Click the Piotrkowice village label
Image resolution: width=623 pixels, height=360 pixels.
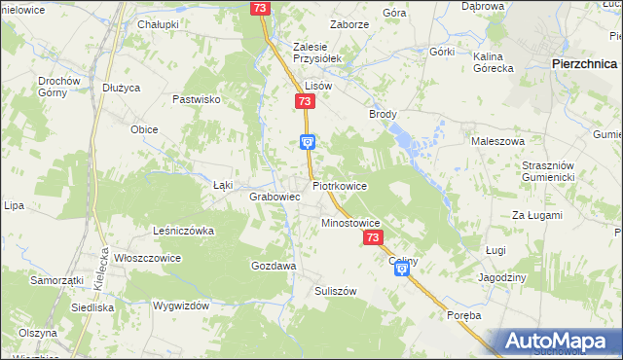coord(340,185)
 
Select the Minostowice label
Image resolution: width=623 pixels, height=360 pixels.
coord(350,223)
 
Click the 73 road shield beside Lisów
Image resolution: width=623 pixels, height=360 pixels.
coord(306,102)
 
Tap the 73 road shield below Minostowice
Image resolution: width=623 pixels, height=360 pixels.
coord(373,237)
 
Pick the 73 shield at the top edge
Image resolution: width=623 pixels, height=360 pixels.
coord(259,8)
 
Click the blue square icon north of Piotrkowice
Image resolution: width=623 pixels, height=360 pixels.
coord(308,141)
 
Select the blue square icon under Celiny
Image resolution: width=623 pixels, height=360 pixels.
coord(402,275)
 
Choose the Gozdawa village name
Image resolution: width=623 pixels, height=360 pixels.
coord(274,265)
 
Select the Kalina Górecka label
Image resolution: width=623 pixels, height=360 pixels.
coord(494,62)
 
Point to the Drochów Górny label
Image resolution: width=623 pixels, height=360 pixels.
coord(57,87)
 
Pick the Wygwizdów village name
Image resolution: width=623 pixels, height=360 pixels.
coord(181,306)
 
